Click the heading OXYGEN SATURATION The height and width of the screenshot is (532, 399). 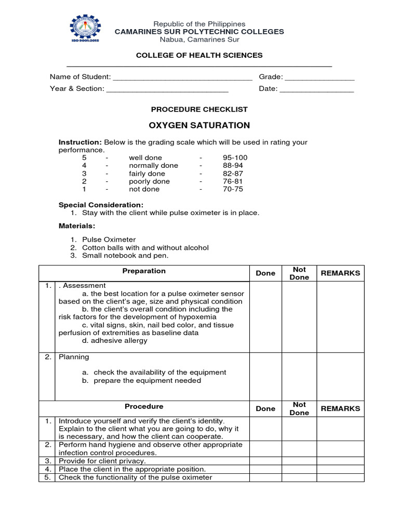click(x=199, y=125)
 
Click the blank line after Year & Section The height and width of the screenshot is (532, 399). click(x=167, y=89)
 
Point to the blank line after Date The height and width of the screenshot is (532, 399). click(x=316, y=89)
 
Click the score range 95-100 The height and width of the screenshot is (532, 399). click(x=235, y=157)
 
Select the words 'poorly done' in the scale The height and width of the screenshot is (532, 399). click(x=149, y=181)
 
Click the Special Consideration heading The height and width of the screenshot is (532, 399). click(x=101, y=205)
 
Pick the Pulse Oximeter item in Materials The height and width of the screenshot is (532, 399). click(x=109, y=240)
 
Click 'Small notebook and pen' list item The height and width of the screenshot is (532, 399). click(x=125, y=256)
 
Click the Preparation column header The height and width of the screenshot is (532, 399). click(x=144, y=271)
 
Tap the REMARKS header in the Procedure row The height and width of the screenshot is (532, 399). click(x=340, y=408)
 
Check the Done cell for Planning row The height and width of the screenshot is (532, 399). click(x=265, y=377)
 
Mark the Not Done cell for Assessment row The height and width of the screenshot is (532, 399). click(x=299, y=317)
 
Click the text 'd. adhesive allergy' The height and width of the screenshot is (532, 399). click(x=115, y=341)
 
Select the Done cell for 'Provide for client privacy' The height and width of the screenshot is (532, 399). click(x=265, y=461)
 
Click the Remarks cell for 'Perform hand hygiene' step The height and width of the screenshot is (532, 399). click(x=340, y=449)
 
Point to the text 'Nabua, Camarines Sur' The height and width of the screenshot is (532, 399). click(x=199, y=39)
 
